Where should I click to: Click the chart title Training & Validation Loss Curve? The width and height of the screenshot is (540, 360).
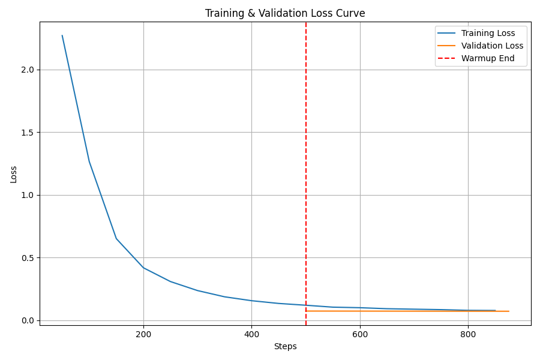(285, 13)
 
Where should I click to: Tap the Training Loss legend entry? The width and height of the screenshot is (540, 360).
(488, 33)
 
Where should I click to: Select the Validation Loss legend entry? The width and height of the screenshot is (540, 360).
(492, 46)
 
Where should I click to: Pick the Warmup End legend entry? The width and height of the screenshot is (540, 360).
(488, 58)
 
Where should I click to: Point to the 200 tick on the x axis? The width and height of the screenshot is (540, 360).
(143, 334)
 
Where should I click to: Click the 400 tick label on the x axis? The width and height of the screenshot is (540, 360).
(251, 334)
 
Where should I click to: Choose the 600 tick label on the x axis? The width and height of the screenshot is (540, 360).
(360, 334)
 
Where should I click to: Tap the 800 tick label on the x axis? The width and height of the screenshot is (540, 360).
(468, 334)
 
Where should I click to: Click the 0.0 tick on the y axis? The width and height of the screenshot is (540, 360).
(28, 320)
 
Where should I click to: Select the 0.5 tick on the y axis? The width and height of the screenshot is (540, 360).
(28, 258)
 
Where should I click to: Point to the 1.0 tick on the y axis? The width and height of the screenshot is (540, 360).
(28, 195)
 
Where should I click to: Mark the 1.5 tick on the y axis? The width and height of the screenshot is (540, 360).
(28, 133)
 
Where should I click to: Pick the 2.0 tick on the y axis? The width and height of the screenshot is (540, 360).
(28, 70)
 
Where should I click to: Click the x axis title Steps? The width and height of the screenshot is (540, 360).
(285, 346)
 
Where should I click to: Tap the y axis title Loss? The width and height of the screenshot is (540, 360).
(13, 174)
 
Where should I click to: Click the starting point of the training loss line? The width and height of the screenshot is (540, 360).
(62, 35)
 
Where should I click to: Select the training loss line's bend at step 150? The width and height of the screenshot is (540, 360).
(116, 239)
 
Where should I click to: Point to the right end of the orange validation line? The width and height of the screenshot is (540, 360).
(509, 311)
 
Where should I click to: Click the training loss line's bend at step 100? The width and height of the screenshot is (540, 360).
(89, 161)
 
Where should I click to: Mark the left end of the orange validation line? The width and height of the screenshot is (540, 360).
(306, 311)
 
